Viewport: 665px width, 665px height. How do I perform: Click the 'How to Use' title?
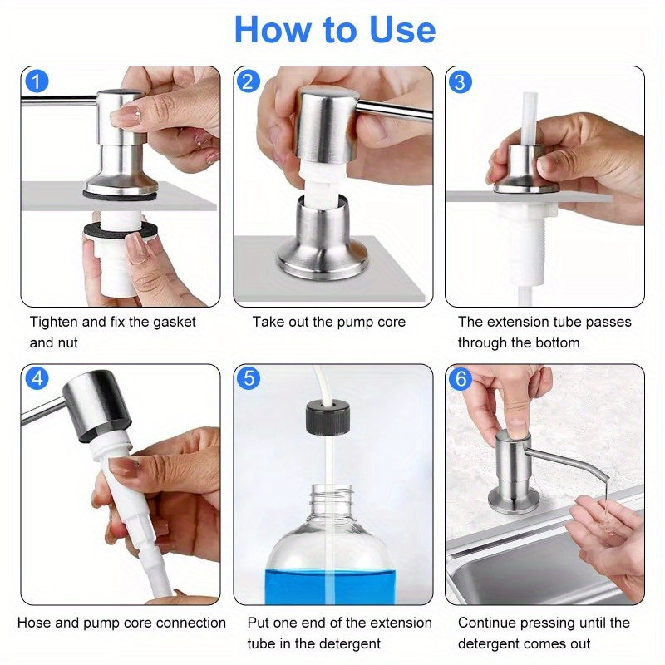click(x=334, y=30)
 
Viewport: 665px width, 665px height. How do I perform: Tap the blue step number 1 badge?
click(x=37, y=82)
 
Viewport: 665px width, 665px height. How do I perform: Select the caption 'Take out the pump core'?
click(x=329, y=322)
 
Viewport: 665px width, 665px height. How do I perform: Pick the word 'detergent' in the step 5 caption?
click(x=341, y=643)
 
